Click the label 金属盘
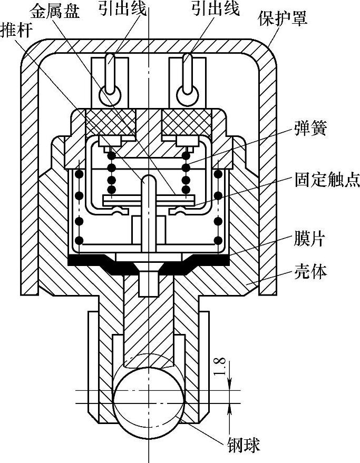(55, 10)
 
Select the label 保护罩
(283, 19)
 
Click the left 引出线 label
(123, 9)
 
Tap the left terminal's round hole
(110, 95)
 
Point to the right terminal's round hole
(187, 95)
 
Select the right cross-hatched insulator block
(187, 121)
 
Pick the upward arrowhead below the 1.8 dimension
(229, 409)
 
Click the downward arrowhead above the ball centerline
(229, 386)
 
